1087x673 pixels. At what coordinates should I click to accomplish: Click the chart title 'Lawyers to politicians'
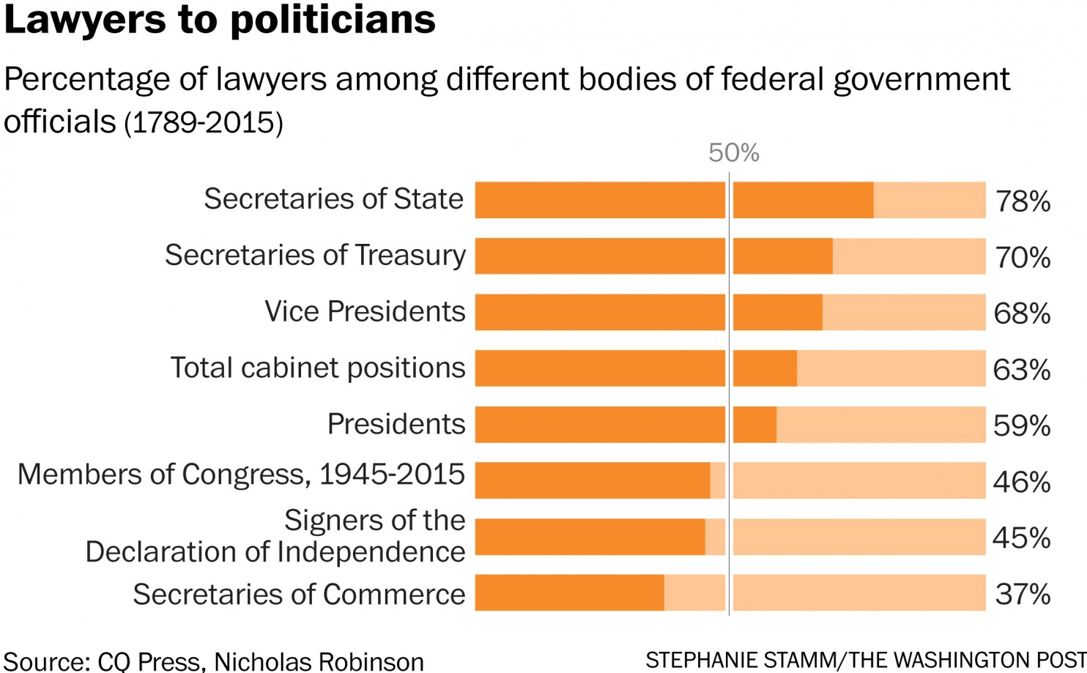point(220,20)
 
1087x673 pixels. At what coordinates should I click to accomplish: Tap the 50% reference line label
point(733,153)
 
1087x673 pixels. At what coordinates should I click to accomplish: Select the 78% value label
point(1023,201)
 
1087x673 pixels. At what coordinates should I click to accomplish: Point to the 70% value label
point(1023,258)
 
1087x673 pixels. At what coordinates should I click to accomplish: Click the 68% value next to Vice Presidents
point(1022,313)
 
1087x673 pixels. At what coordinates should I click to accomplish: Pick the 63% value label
point(1022,370)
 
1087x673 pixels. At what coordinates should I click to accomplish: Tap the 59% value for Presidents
point(1022,425)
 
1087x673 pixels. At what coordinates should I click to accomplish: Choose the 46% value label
point(1022,482)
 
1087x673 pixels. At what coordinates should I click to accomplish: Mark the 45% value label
point(1022,538)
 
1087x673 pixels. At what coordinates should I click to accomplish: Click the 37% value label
point(1023,594)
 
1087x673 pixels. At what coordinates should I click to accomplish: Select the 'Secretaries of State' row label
point(333,199)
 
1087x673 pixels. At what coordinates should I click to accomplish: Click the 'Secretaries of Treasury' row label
point(315,256)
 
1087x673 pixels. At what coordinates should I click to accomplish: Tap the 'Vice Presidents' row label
point(365,312)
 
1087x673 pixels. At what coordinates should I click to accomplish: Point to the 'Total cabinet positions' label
point(318,368)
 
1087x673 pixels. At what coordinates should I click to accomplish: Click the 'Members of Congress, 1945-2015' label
point(241,475)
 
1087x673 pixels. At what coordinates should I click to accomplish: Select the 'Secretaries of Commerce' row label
point(299,595)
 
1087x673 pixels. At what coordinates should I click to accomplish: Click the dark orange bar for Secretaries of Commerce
point(569,592)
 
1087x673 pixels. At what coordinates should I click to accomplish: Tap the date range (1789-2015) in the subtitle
point(204,123)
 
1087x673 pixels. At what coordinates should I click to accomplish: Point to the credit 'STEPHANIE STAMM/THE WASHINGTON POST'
point(866,660)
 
